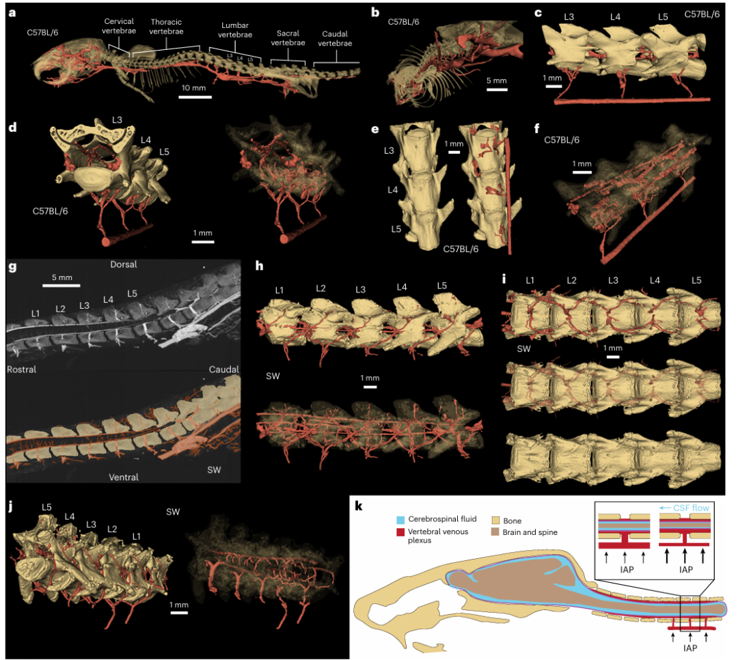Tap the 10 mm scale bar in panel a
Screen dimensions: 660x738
194,96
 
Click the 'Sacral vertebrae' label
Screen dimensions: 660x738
288,38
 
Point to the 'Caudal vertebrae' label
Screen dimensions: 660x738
336,38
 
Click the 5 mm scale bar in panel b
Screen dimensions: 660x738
497,88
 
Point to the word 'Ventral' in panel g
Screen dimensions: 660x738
123,477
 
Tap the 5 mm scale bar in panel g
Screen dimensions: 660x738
62,284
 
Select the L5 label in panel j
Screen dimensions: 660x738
46,507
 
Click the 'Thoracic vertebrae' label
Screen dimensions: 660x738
164,26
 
